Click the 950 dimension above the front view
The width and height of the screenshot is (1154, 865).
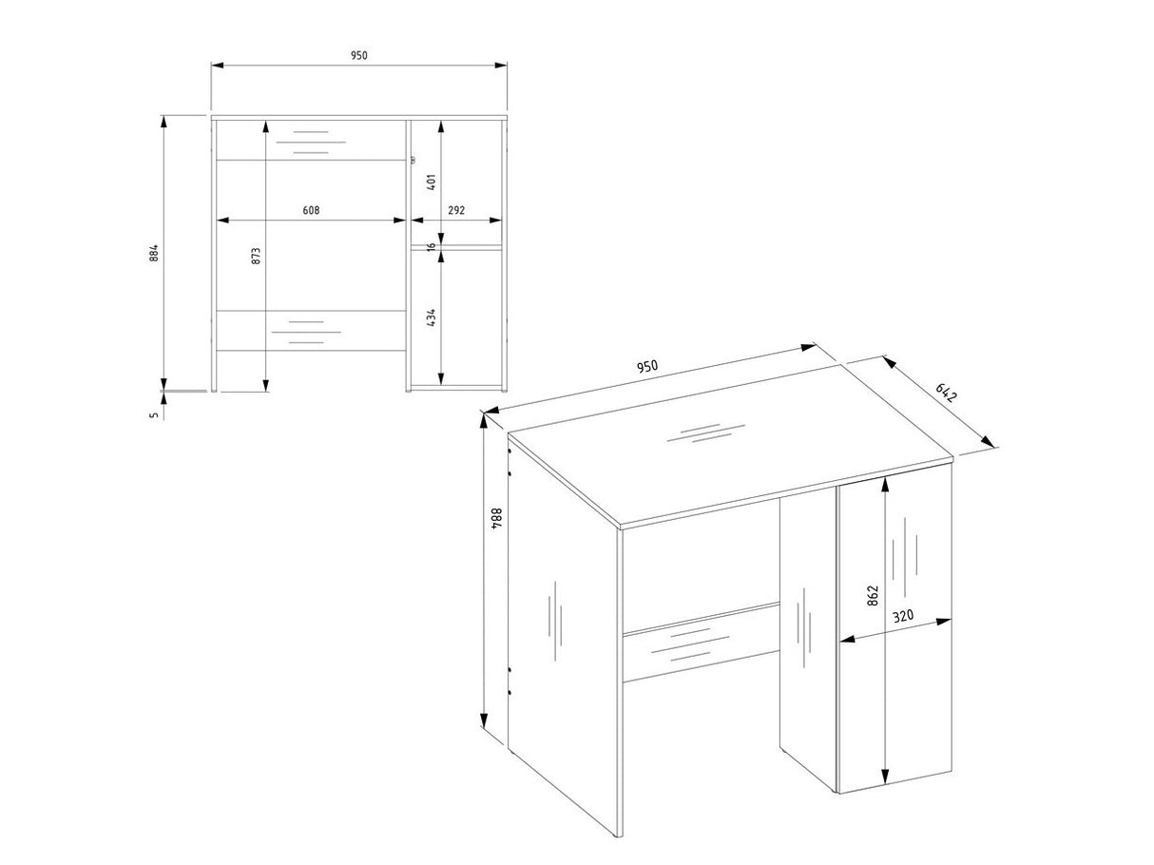coord(359,55)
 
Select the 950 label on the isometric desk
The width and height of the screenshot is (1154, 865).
coord(647,366)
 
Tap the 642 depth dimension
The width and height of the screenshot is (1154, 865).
coord(946,393)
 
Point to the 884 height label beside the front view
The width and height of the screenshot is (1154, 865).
coord(153,253)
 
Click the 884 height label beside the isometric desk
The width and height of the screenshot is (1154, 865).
coord(497,518)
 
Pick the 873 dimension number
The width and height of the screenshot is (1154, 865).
coord(256,256)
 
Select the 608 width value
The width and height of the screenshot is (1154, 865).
coord(311,210)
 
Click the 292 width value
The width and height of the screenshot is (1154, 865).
coord(456,210)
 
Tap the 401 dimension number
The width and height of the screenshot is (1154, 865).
coord(432,182)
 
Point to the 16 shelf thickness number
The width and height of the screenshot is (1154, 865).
coord(432,246)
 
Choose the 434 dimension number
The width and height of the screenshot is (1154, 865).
coord(432,317)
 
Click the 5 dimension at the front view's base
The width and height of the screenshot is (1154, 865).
coord(153,415)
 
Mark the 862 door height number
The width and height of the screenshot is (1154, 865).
coord(873,595)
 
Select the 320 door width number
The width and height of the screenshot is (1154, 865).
coord(903,615)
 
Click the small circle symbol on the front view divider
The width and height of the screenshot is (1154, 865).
coord(413,160)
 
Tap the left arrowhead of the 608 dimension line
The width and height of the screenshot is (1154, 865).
coord(223,221)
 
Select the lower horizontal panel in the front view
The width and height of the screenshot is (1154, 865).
coord(311,331)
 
